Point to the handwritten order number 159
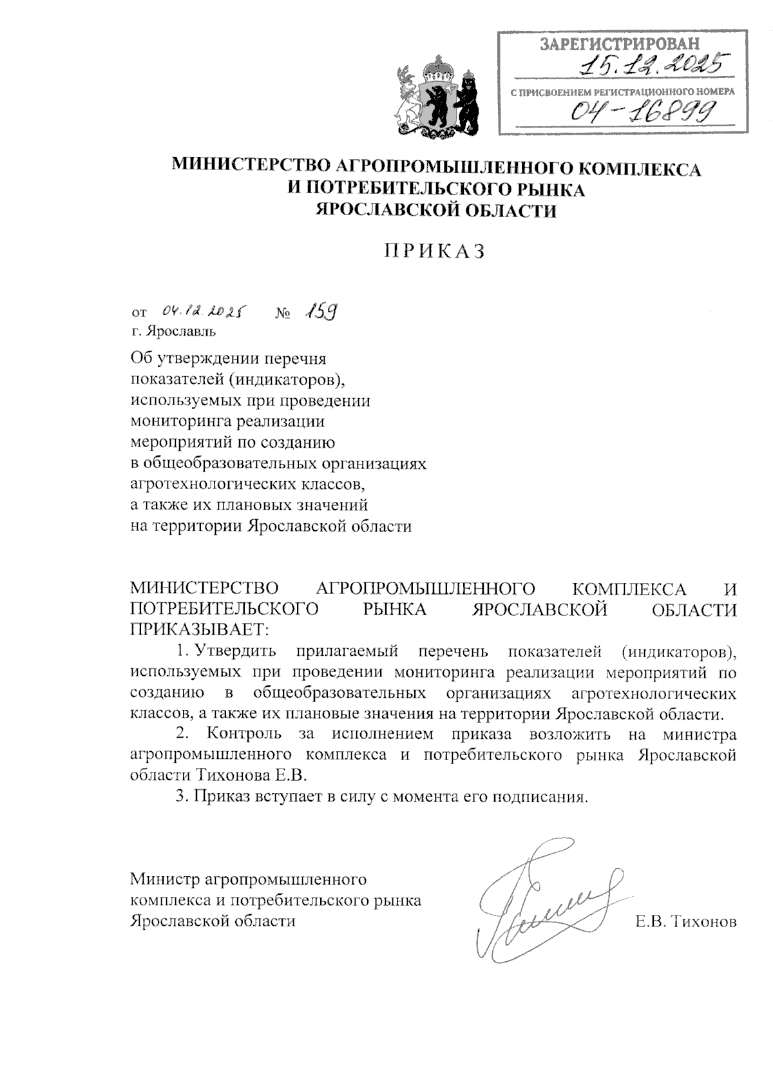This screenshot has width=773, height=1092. tap(320, 312)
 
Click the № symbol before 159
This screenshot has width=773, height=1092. tap(283, 314)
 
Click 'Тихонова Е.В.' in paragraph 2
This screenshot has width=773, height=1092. tap(251, 775)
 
